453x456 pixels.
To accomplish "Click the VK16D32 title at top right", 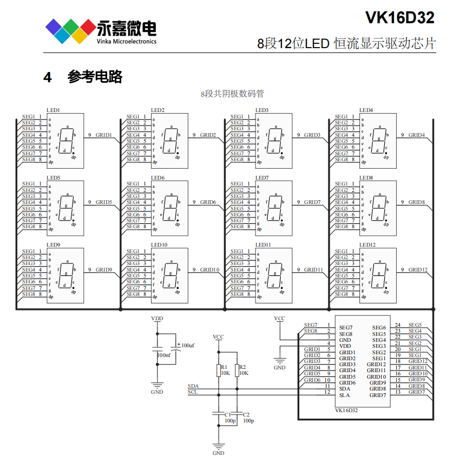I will click(x=399, y=18).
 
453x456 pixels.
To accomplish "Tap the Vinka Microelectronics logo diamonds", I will click(x=70, y=30).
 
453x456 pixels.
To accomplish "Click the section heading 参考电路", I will click(x=95, y=77).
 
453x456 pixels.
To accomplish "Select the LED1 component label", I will click(x=53, y=110).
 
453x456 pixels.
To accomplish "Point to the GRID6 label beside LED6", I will click(x=208, y=202).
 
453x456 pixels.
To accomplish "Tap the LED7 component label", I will click(x=262, y=177).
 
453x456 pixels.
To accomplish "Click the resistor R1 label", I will click(x=224, y=367).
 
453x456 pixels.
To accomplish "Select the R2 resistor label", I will click(x=242, y=367).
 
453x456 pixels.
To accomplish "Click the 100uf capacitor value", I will click(x=187, y=345).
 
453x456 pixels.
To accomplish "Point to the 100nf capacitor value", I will click(x=163, y=355).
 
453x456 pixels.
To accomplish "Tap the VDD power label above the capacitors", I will click(x=157, y=319).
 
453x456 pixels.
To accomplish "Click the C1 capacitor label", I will click(x=227, y=414).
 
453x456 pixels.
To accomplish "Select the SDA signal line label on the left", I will click(x=193, y=386).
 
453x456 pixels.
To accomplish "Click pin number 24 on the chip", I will click(x=397, y=325).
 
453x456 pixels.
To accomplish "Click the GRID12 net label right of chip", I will click(x=417, y=361).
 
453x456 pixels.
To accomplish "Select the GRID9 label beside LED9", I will click(x=104, y=269).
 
